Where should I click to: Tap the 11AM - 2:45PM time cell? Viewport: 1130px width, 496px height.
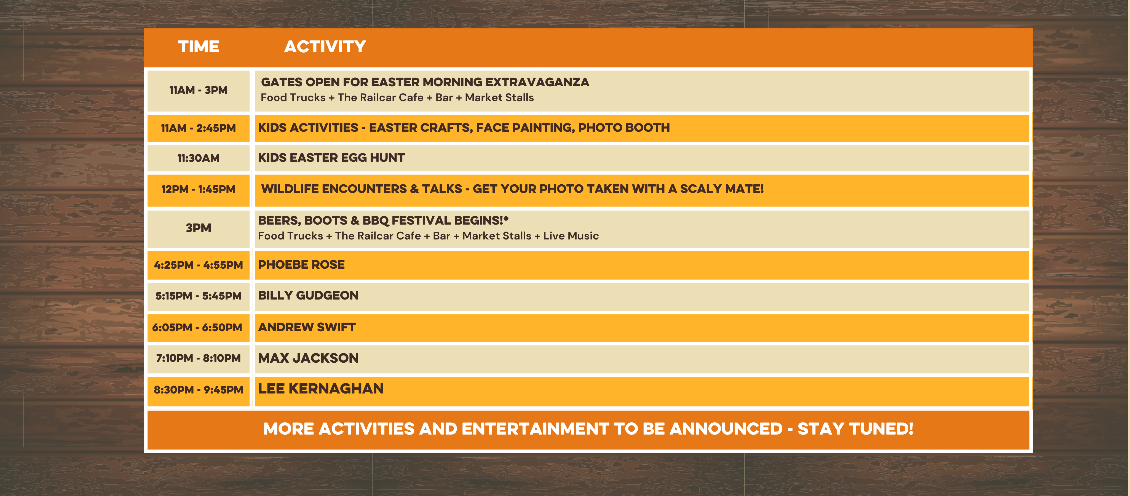198,128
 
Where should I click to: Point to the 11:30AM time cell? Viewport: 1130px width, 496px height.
198,158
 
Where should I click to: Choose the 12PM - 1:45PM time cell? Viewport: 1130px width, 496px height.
198,189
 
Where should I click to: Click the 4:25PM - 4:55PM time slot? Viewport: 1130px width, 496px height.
198,265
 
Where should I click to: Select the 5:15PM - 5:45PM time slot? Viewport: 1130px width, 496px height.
198,296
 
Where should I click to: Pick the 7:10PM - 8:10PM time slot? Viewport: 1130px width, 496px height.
198,358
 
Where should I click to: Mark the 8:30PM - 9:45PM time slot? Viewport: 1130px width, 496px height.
198,389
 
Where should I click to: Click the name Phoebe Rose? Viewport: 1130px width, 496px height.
301,265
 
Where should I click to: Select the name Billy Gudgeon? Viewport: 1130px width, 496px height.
308,295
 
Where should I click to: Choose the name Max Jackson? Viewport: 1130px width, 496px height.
308,358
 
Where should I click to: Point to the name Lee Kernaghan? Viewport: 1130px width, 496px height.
321,389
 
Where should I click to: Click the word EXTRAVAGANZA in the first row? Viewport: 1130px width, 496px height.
537,82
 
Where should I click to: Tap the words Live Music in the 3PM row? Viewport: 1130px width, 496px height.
571,236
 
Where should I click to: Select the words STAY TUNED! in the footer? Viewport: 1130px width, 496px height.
855,428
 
